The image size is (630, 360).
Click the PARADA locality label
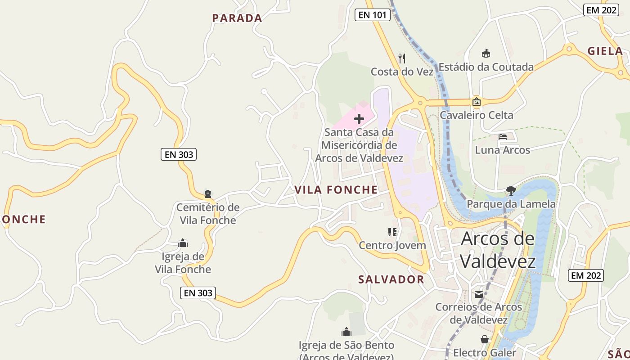[x=237, y=18]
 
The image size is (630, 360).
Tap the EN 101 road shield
[x=372, y=15]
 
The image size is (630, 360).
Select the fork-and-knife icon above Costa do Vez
[x=402, y=58]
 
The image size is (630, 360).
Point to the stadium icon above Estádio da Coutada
[x=486, y=54]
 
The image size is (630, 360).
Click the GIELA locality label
[x=605, y=51]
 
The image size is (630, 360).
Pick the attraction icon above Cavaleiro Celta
[x=477, y=102]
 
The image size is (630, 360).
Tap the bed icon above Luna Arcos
[x=503, y=136]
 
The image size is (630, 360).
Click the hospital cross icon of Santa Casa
[x=359, y=119]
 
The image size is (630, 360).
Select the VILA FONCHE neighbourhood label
[x=336, y=190]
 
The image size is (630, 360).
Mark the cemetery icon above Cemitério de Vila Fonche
[x=208, y=194]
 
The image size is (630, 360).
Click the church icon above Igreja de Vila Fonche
[x=183, y=243]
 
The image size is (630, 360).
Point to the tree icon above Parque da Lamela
[x=511, y=191]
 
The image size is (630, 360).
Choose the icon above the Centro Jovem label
[x=392, y=232]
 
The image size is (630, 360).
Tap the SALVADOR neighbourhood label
[x=391, y=279]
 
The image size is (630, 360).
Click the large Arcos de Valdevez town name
[x=498, y=250]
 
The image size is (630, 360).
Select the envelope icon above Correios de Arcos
[x=478, y=294]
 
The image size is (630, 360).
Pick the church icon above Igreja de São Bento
[x=346, y=332]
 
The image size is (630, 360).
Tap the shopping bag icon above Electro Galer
[x=485, y=339]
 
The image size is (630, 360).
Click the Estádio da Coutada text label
[x=486, y=67]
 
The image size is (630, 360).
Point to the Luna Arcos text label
[x=503, y=150]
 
